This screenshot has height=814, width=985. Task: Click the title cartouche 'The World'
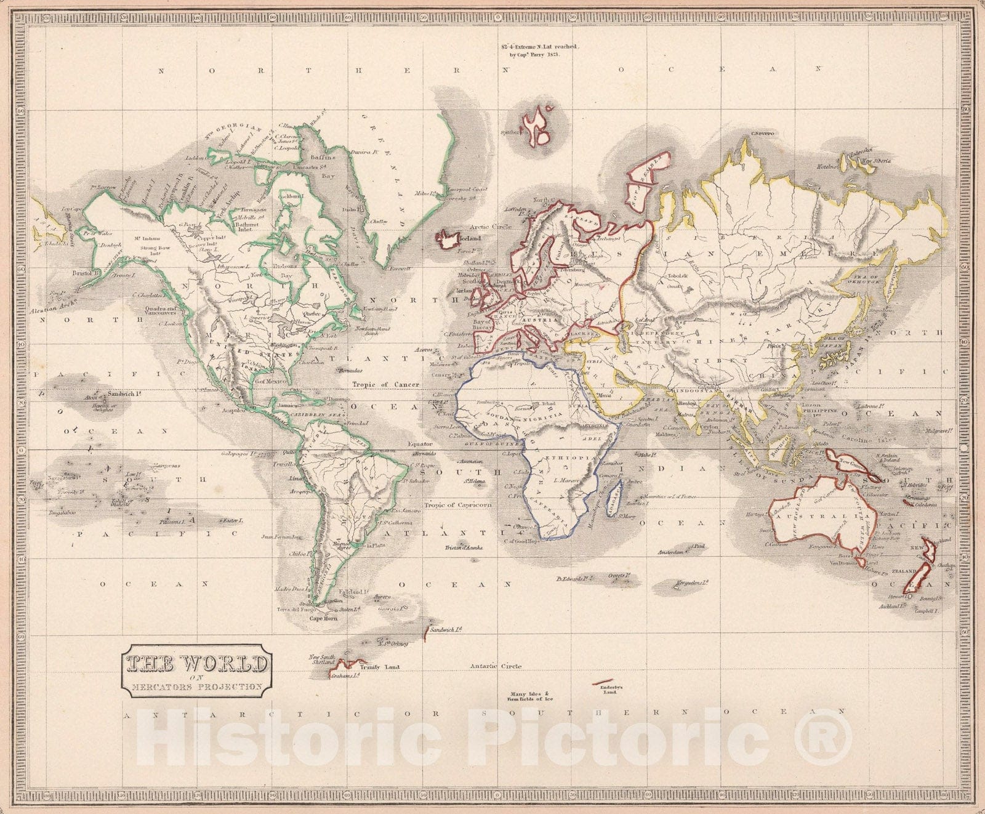point(196,671)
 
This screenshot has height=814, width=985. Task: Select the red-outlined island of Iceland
point(448,240)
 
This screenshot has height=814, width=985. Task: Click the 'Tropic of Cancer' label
point(385,384)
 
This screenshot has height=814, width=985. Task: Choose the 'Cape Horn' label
point(324,618)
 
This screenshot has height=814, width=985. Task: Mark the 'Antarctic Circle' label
point(496,666)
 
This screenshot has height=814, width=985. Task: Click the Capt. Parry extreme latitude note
point(533,50)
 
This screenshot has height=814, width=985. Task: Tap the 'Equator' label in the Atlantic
point(420,443)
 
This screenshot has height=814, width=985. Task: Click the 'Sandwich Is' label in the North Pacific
point(122,393)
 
